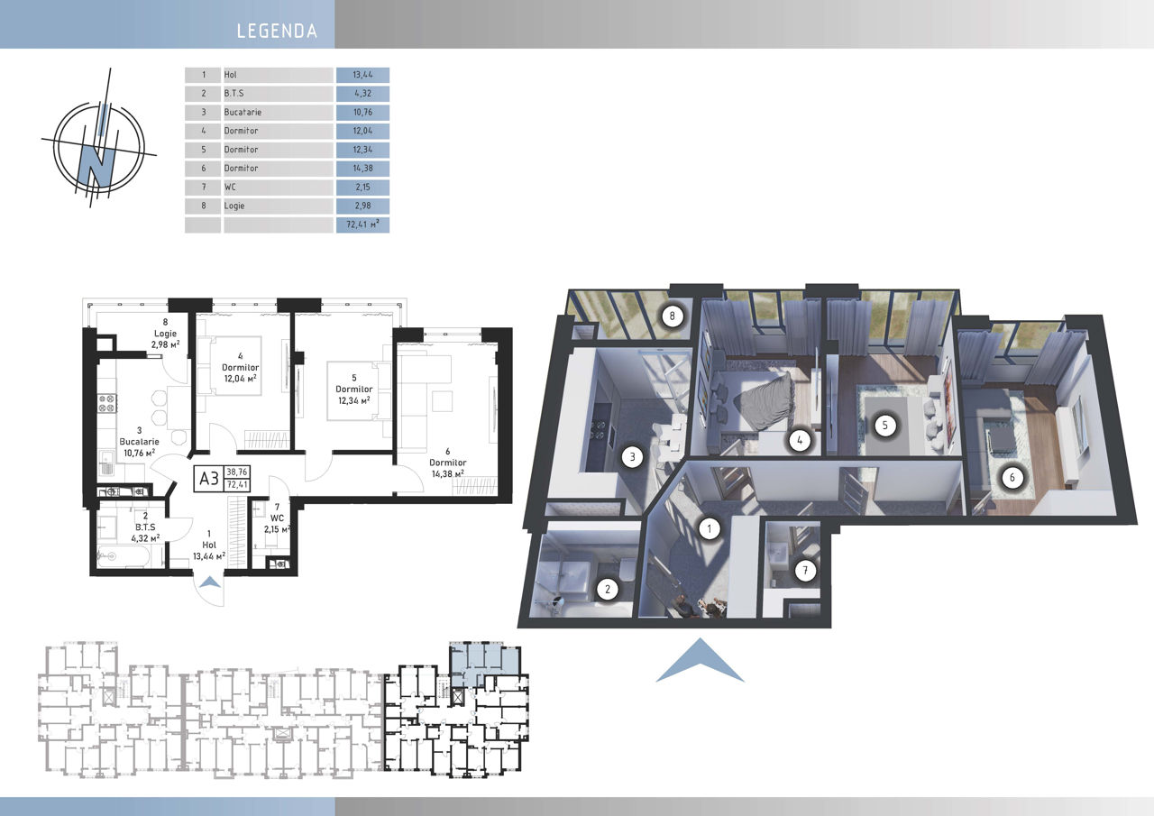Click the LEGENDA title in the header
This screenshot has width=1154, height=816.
click(277, 31)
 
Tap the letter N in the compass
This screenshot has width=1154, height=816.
click(96, 164)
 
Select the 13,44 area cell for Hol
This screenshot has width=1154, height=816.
click(362, 75)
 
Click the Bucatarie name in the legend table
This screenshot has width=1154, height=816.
click(243, 113)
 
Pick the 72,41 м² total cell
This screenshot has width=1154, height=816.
click(362, 225)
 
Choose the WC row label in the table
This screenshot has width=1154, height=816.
click(230, 187)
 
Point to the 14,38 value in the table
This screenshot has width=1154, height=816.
click(362, 169)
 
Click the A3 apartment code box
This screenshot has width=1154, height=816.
click(208, 479)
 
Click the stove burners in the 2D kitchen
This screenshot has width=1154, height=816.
click(107, 403)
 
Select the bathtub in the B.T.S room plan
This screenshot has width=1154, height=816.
click(124, 556)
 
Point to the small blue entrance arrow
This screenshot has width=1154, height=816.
click(210, 582)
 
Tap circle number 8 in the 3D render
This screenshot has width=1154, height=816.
click(672, 316)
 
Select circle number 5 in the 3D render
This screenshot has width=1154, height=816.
click(885, 426)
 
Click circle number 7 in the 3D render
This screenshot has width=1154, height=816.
click(805, 570)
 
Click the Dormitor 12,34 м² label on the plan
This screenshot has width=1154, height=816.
click(354, 389)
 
